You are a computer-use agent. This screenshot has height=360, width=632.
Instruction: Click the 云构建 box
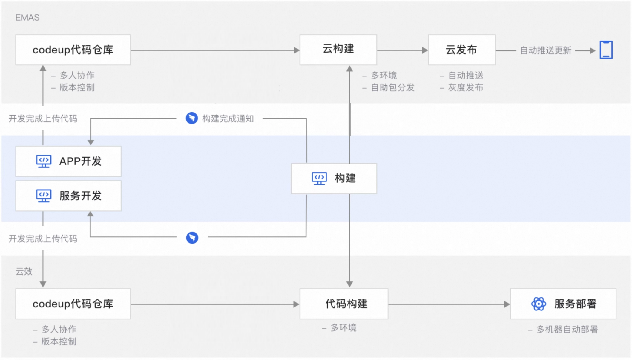click(338, 50)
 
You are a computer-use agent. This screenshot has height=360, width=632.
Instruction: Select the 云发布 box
click(462, 50)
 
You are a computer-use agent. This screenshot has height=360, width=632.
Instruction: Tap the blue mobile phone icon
click(606, 50)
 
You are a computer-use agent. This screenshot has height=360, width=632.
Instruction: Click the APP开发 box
click(68, 161)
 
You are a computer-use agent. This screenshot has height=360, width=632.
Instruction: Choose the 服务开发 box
click(68, 196)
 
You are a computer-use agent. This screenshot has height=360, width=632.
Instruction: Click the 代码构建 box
click(344, 304)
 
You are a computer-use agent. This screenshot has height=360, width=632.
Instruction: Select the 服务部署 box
click(563, 304)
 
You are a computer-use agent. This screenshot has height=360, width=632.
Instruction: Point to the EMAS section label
click(27, 18)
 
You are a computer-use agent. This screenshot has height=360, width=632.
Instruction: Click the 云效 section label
click(24, 271)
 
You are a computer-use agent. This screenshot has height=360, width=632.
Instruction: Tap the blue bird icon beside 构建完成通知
click(192, 118)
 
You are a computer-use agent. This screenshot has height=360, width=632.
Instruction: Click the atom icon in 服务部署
click(539, 304)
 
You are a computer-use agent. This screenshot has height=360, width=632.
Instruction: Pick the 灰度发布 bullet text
click(466, 87)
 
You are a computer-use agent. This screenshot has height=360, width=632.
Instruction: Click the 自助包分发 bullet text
click(393, 87)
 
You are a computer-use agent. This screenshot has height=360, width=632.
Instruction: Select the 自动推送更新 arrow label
click(546, 50)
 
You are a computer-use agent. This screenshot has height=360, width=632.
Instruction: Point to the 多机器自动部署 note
click(567, 329)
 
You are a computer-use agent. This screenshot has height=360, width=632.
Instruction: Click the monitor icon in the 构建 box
click(319, 179)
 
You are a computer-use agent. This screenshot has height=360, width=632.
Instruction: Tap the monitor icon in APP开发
click(44, 161)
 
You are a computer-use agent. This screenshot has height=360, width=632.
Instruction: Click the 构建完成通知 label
click(228, 119)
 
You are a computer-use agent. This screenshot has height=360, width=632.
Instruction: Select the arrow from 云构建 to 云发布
click(403, 50)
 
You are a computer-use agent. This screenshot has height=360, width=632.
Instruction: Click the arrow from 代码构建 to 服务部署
click(449, 304)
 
